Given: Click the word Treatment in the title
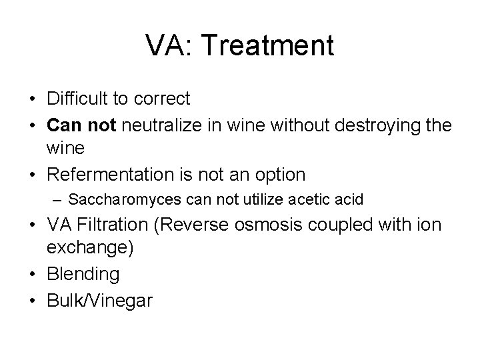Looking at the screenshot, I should [267, 46].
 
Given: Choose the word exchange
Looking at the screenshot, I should [87, 249].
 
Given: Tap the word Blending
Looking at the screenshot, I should [83, 274].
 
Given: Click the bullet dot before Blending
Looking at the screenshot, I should [32, 274].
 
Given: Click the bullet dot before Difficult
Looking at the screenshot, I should [32, 99].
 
